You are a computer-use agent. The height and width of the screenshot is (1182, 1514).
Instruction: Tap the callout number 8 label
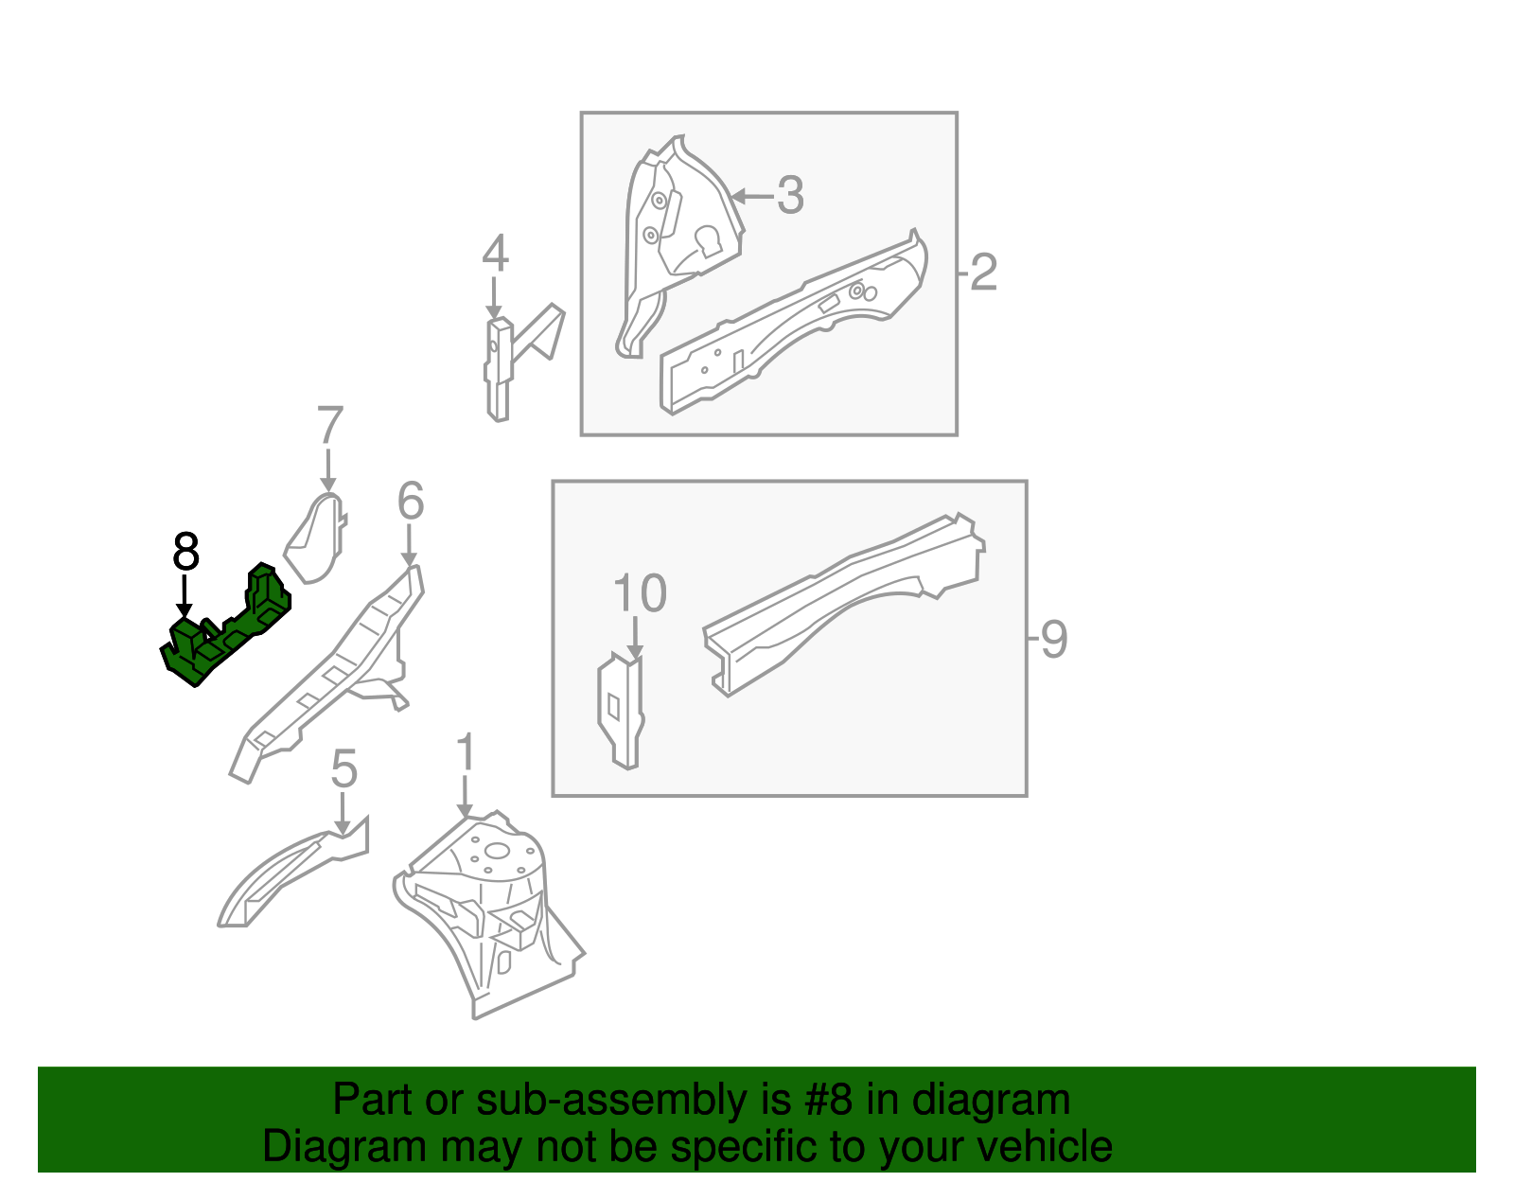(x=185, y=552)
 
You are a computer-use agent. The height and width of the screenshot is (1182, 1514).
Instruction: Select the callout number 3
(x=790, y=195)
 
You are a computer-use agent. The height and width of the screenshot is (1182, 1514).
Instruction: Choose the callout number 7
(x=329, y=424)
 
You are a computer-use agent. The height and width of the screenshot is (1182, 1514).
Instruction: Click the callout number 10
(x=640, y=592)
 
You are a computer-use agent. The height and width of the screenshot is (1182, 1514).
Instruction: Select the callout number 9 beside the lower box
(x=1053, y=639)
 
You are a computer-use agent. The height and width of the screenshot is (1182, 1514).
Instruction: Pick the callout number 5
(x=344, y=769)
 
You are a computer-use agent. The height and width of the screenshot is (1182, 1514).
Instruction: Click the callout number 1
(x=465, y=751)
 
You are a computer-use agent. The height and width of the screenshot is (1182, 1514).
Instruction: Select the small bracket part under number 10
(x=621, y=711)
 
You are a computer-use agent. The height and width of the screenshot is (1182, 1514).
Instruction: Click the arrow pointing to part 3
(x=752, y=197)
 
